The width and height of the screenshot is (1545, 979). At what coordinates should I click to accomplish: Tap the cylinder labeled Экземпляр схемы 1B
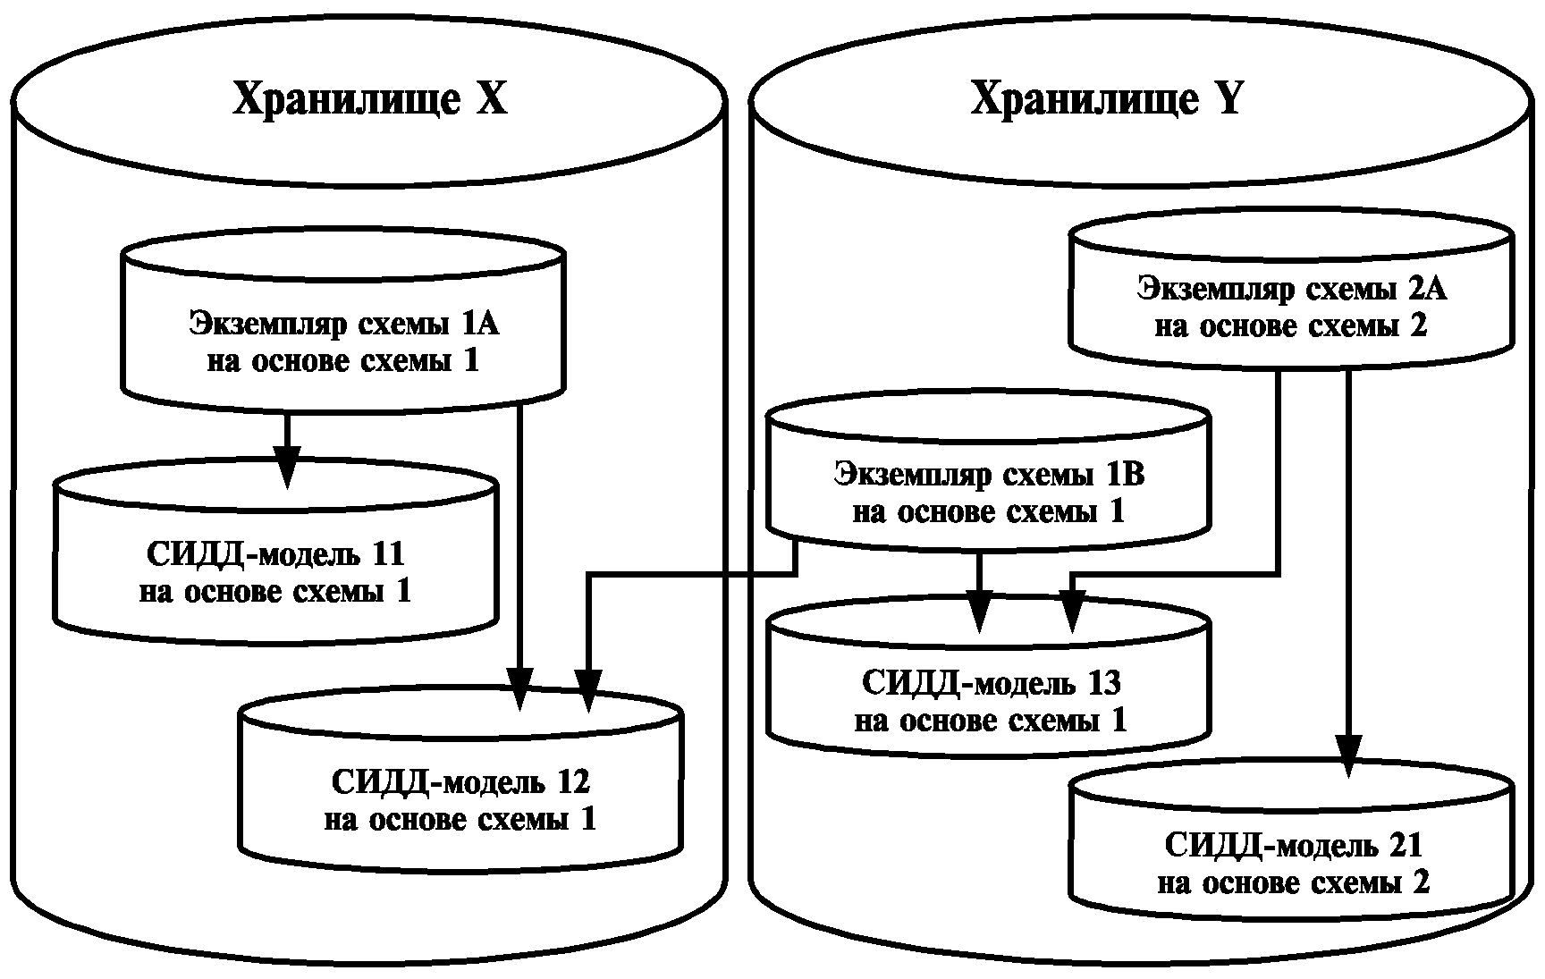click(988, 492)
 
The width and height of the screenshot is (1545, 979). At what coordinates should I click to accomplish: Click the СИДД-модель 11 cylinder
click(275, 572)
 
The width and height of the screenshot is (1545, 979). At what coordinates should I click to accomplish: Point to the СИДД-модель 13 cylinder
click(990, 701)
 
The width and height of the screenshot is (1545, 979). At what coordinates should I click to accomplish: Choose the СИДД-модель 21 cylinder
click(1292, 864)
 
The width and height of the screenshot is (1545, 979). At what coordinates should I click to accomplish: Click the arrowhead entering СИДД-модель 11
click(286, 467)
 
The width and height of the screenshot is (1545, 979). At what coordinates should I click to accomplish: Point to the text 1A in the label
click(481, 323)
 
